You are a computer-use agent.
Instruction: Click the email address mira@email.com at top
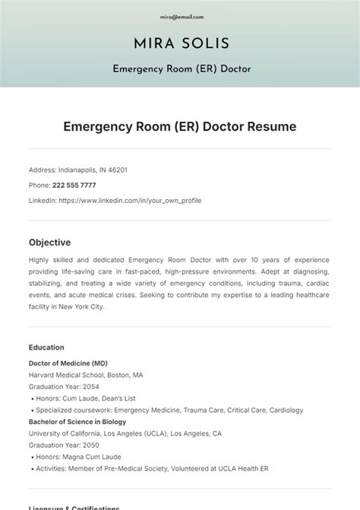[180, 16]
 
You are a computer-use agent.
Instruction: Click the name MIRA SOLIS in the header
[180, 43]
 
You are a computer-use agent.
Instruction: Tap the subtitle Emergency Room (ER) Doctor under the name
[180, 69]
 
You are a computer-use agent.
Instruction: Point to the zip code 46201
[118, 170]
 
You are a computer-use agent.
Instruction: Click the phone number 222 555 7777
[74, 185]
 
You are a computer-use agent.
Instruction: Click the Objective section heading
[49, 242]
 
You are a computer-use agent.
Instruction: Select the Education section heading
[46, 347]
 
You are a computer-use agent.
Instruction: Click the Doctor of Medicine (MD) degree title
[68, 363]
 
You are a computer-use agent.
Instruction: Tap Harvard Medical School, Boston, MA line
[85, 375]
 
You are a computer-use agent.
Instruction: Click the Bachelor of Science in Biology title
[77, 422]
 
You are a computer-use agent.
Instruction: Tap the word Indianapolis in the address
[81, 170]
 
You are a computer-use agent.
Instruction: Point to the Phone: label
[39, 185]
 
